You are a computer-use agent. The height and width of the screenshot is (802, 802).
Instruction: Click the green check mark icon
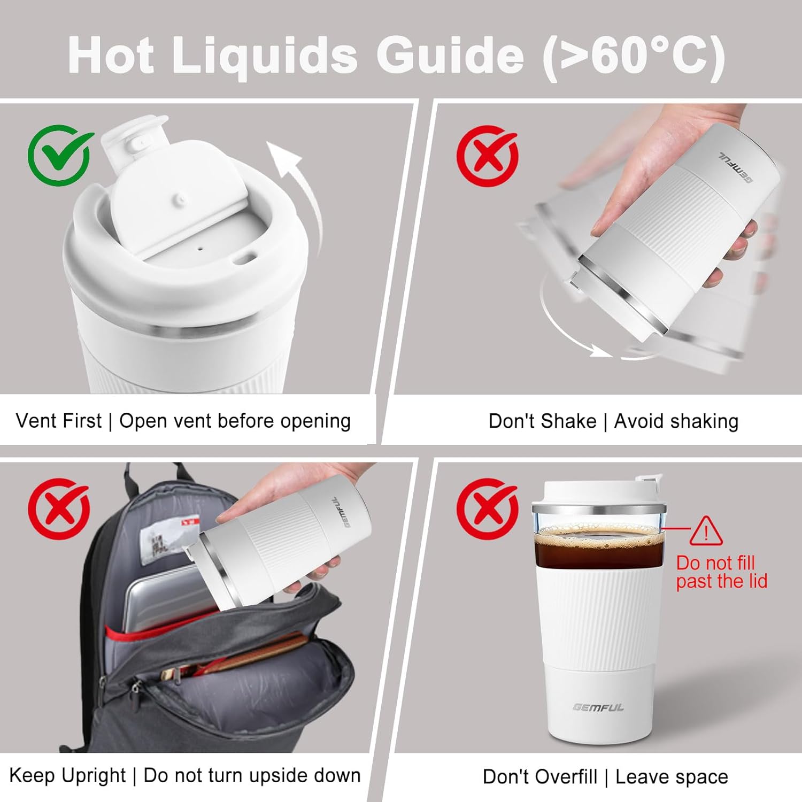pos(59,155)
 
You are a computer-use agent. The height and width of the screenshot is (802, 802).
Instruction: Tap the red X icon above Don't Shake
pos(487,156)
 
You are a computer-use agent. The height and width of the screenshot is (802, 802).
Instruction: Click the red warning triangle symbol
pos(706,531)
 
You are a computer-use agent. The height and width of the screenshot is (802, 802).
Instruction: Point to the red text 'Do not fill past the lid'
pos(721,572)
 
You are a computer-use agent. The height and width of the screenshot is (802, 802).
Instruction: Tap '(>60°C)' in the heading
pos(634,56)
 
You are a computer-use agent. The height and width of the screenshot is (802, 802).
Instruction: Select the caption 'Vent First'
pos(58,421)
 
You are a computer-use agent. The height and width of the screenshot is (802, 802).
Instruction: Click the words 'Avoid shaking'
pos(676,421)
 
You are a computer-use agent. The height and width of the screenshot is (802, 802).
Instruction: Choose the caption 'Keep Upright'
pos(67,775)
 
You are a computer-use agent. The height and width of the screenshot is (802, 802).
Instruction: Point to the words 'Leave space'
pos(672,776)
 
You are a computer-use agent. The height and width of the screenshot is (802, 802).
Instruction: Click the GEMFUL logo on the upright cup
pos(598,707)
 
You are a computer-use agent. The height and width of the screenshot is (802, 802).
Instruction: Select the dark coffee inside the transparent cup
pos(599,548)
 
